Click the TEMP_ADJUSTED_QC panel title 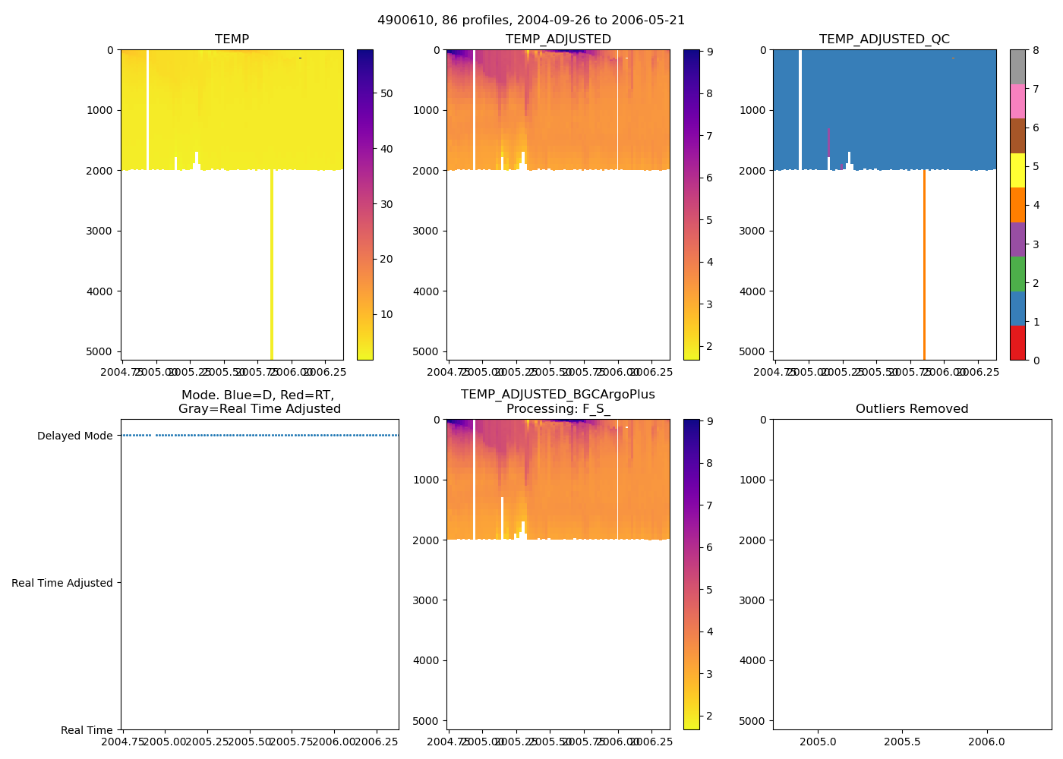click(x=884, y=39)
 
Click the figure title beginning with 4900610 click(x=531, y=20)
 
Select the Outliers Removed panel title click(x=912, y=409)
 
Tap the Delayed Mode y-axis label click(x=74, y=436)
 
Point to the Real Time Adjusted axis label click(x=62, y=583)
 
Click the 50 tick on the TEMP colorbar click(x=386, y=93)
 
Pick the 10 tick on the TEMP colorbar click(x=386, y=314)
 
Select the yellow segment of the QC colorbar click(x=1017, y=171)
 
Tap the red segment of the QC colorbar click(x=1017, y=343)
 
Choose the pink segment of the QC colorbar click(x=1017, y=102)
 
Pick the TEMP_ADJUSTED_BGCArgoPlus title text click(x=557, y=395)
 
